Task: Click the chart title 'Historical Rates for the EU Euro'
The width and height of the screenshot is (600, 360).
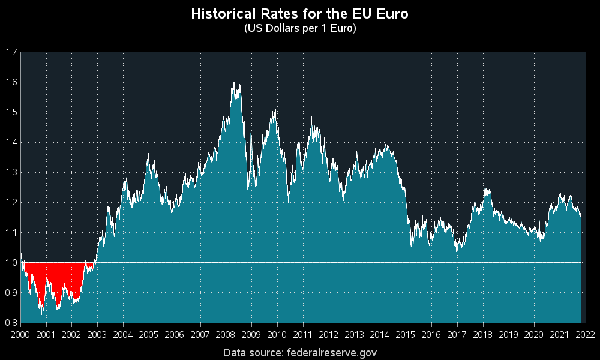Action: point(299,14)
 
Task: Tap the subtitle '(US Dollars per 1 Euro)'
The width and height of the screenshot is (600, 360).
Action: point(299,28)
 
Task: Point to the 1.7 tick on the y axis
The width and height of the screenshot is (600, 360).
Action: point(10,52)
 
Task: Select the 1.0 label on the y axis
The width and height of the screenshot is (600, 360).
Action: point(10,262)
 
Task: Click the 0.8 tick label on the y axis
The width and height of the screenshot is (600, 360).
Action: point(10,322)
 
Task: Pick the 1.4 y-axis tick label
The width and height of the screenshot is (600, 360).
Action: point(10,142)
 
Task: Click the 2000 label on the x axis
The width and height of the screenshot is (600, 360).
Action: point(20,334)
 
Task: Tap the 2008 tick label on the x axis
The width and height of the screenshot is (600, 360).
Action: point(226,334)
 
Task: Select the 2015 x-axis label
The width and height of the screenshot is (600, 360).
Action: point(405,334)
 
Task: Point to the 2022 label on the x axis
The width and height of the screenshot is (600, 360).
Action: point(585,334)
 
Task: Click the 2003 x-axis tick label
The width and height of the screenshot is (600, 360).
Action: point(97,334)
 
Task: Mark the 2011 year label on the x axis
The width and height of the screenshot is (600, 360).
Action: point(302,334)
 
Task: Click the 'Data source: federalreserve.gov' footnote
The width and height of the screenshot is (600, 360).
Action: point(299,352)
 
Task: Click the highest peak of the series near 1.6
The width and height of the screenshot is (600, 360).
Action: point(233,83)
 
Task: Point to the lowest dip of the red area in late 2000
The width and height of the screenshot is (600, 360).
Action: point(41,314)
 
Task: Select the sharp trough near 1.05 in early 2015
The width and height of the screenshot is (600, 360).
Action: point(412,246)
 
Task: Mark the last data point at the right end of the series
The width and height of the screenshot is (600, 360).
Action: point(581,214)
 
